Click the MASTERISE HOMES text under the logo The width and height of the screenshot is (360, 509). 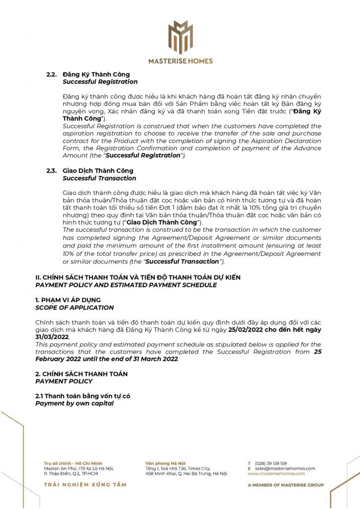point(180,61)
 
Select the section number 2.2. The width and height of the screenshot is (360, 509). point(51,75)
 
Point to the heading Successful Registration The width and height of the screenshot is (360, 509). point(100,82)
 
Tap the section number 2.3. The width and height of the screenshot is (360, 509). point(51,171)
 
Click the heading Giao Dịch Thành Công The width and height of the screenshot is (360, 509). point(98,171)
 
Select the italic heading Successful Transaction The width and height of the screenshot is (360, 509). point(99,178)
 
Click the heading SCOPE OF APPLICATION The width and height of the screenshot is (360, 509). point(75,308)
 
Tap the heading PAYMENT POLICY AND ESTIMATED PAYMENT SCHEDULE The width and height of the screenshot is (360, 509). point(126,285)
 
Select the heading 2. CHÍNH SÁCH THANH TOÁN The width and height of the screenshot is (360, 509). point(82,374)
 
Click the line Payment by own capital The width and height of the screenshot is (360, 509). point(75,403)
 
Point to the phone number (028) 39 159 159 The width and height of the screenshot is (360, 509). point(270,463)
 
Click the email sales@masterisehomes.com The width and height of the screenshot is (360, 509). point(285,468)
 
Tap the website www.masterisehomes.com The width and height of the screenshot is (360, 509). point(276,474)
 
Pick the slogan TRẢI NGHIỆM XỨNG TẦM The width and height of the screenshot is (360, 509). point(85,485)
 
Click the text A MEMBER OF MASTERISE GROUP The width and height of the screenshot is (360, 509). point(285,485)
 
